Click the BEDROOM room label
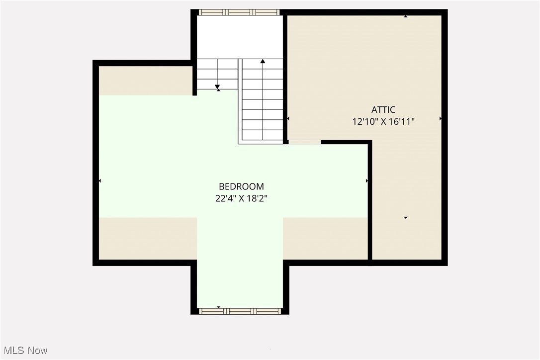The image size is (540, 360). (x=241, y=186)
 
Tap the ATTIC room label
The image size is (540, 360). (x=383, y=110)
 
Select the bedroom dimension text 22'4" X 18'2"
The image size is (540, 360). (x=241, y=198)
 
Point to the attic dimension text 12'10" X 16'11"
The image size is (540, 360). (x=383, y=121)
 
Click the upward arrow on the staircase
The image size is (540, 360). (x=263, y=62)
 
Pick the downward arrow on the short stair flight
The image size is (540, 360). (x=217, y=88)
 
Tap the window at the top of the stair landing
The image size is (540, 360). (x=239, y=12)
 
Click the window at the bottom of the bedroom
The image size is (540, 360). (x=240, y=311)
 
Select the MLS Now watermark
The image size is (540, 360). (x=24, y=351)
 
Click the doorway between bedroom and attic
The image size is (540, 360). (x=304, y=142)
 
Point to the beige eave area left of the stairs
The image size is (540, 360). (x=145, y=80)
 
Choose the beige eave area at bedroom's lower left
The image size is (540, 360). (x=148, y=238)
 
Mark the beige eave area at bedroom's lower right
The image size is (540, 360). (x=325, y=238)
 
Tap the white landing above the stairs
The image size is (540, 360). (x=240, y=37)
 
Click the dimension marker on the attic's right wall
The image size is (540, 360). (x=441, y=119)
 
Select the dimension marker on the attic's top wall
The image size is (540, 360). (x=406, y=16)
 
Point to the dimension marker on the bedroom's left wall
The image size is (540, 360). (x=100, y=180)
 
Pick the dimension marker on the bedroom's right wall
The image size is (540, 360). (x=367, y=180)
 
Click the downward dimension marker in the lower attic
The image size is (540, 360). (x=406, y=218)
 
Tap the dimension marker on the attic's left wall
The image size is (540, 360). (x=288, y=119)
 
